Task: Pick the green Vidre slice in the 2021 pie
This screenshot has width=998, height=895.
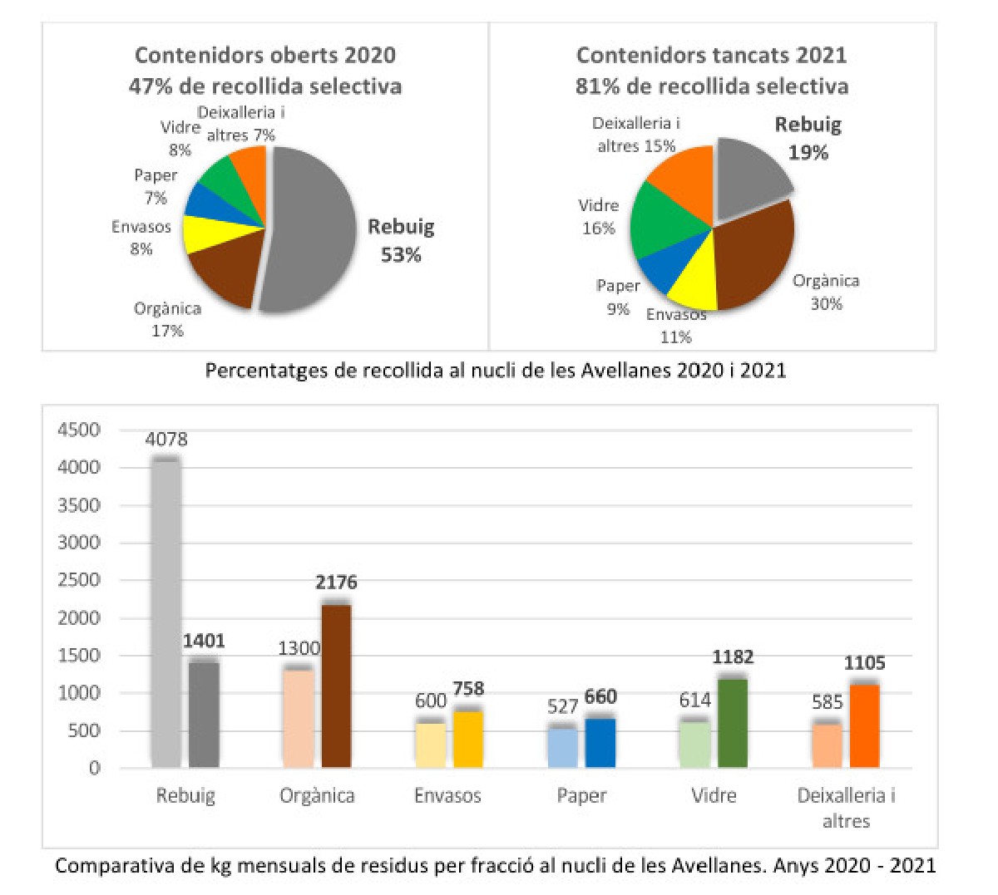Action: point(661,220)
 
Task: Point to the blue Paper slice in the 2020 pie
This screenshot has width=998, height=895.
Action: point(204,199)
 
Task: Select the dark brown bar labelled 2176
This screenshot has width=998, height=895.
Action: point(335,686)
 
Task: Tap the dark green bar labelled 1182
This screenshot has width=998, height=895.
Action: point(733,723)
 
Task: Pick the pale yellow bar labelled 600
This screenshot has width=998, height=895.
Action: point(431,745)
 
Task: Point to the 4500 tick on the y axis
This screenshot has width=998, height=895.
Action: point(79,430)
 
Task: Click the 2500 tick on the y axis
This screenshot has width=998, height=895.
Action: point(79,580)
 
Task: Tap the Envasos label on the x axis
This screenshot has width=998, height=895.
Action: point(447,795)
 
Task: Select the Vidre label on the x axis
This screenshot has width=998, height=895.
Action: point(714,795)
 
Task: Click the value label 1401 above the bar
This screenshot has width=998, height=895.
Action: point(204,641)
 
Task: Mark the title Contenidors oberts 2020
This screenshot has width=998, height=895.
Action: point(265,56)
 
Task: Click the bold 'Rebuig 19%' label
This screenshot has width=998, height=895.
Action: point(808,139)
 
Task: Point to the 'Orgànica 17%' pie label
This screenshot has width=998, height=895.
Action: point(167,319)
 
